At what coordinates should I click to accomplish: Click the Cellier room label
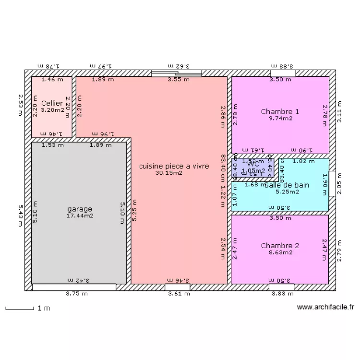tap(52, 103)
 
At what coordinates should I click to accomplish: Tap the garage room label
tap(80, 209)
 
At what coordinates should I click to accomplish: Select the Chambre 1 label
tap(280, 112)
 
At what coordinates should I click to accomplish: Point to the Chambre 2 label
tap(280, 246)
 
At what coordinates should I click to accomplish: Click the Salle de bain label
tap(287, 185)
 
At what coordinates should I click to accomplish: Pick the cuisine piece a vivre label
tap(174, 166)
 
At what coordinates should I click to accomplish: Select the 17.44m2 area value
tap(80, 216)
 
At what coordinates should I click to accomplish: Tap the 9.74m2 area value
tap(280, 119)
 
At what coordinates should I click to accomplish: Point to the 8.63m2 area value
tap(280, 252)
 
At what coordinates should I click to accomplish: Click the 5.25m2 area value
tap(287, 192)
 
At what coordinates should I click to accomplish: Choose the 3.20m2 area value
tap(52, 110)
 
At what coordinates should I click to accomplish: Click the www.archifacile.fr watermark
tap(325, 307)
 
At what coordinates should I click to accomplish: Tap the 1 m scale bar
tap(19, 308)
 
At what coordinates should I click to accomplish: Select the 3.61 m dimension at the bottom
tap(180, 294)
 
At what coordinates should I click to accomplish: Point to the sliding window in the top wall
tap(176, 73)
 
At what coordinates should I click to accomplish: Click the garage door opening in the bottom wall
tap(74, 288)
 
